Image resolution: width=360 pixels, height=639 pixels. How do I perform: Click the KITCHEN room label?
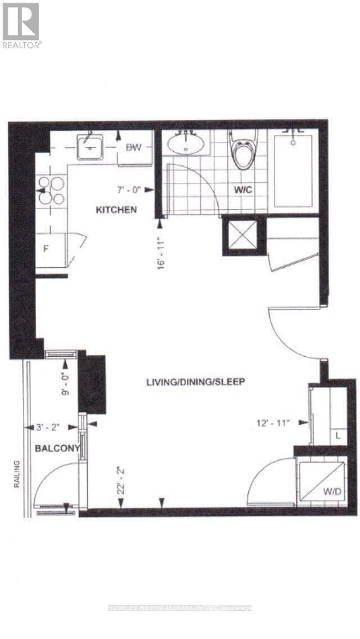[x=116, y=210]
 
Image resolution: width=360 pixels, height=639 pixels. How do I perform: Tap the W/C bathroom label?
[x=242, y=191]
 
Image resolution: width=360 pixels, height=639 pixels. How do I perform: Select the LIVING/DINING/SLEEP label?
[x=195, y=382]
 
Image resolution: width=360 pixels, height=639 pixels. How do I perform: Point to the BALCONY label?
[x=54, y=448]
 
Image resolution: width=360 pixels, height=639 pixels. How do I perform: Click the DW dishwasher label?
[x=133, y=147]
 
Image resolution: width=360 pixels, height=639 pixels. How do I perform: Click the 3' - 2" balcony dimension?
[x=48, y=427]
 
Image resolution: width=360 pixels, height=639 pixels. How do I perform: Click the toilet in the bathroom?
[x=245, y=151]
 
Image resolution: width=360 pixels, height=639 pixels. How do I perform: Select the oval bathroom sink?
[x=186, y=145]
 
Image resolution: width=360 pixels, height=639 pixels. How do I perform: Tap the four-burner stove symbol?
[x=51, y=191]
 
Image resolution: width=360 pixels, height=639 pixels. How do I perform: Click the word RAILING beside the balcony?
[x=17, y=474]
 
